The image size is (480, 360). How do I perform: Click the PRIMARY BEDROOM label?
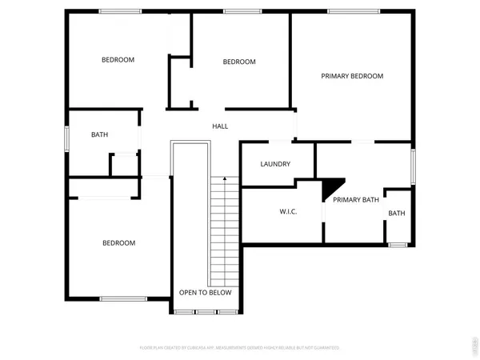pos(352,76)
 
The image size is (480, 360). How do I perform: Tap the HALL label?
pos(220,126)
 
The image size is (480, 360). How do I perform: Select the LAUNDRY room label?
pos(275,164)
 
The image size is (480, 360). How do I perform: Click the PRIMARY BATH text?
pos(356,199)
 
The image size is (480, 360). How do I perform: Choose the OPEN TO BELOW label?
pos(205,292)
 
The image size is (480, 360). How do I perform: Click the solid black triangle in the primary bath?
pos(330,188)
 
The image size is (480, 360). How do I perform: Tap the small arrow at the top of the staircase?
pos(226,178)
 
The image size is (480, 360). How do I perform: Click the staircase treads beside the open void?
pos(225,232)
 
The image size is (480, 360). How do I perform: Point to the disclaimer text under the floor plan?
pos(240,347)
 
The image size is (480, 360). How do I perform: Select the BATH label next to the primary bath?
pos(397,213)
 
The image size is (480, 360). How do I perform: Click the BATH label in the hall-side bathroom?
pos(99,135)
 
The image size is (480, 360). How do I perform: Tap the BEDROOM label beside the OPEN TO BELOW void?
pos(118,242)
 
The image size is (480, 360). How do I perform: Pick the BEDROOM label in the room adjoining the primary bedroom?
pos(239,62)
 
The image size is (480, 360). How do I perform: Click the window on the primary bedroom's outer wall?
pos(353,10)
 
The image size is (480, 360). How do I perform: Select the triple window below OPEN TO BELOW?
pos(206,312)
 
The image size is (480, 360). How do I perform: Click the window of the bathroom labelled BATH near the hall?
pos(67,137)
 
